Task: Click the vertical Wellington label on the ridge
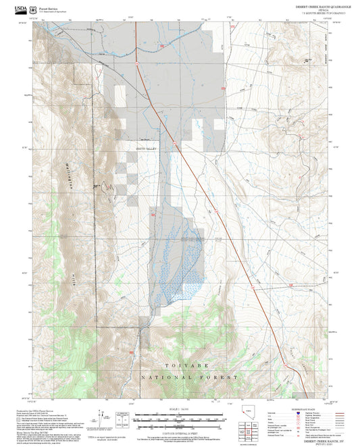click(x=70, y=175)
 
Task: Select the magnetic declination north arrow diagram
click(x=102, y=415)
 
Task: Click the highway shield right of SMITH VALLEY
click(x=174, y=143)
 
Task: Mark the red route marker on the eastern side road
click(x=291, y=286)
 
